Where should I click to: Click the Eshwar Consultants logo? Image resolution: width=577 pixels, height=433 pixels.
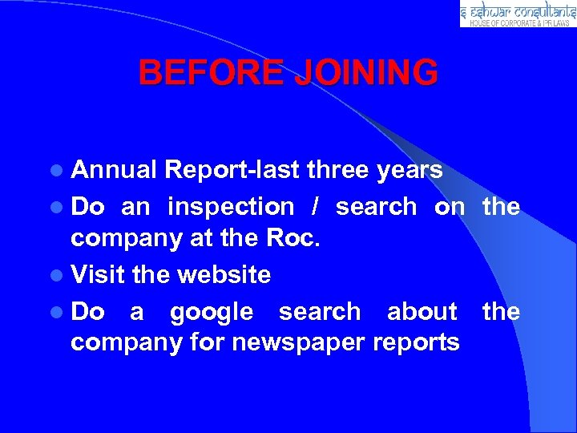coord(518,14)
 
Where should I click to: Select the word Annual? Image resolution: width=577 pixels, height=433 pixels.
coord(114,170)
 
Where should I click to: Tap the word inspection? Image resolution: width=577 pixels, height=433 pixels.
coord(231,207)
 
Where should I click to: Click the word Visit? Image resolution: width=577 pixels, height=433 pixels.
coord(98,274)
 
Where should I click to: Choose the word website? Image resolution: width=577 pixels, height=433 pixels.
coord(224,274)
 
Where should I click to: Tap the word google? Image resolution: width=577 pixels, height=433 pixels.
coord(212,312)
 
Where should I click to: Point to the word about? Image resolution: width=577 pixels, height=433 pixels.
coord(422,311)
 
